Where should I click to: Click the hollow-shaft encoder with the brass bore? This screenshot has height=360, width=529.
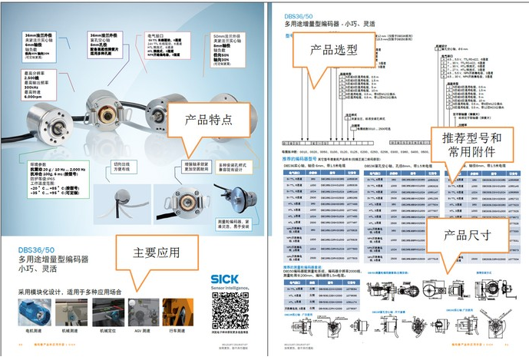click(x=180, y=197)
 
